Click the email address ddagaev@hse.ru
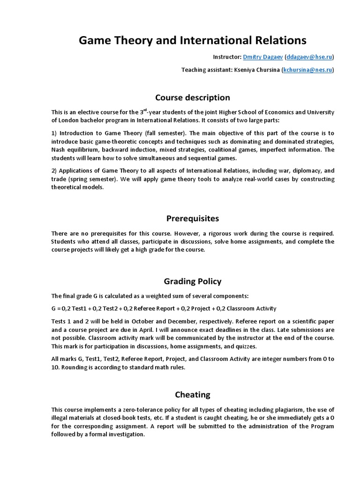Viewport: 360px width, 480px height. click(310, 57)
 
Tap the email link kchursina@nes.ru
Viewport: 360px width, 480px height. click(307, 70)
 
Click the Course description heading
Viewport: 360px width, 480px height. click(193, 97)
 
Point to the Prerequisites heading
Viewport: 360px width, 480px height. click(193, 218)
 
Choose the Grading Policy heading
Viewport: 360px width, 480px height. click(193, 281)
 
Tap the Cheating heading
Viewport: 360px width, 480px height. click(193, 394)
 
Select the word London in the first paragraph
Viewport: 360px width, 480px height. click(70, 120)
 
